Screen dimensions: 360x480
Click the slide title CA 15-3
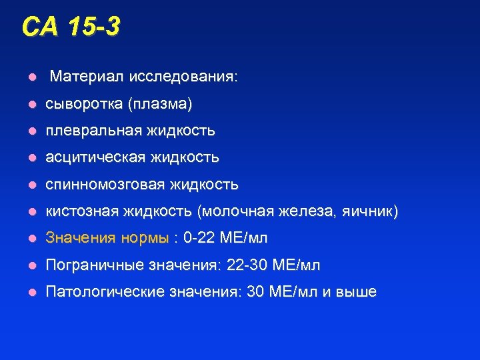pyautogui.click(x=71, y=27)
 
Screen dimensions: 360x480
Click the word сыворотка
pyautogui.click(x=83, y=104)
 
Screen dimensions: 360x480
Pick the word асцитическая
pyautogui.click(x=95, y=157)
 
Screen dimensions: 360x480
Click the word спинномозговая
pyautogui.click(x=105, y=184)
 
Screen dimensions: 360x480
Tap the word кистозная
pyautogui.click(x=81, y=211)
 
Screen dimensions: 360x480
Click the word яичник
pyautogui.click(x=369, y=211)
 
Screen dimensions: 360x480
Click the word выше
pyautogui.click(x=359, y=292)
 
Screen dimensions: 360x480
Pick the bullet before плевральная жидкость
pyautogui.click(x=31, y=131)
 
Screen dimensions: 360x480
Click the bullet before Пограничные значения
pyautogui.click(x=31, y=266)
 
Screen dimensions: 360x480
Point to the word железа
pyautogui.click(x=312, y=211)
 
